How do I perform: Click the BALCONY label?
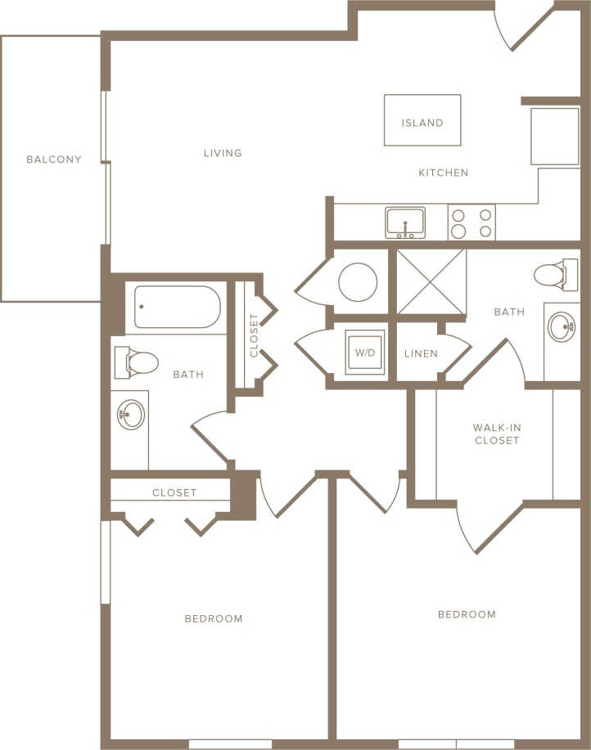click(54, 159)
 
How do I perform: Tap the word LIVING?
click(223, 153)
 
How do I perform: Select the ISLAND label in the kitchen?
click(422, 123)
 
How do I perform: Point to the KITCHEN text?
click(444, 173)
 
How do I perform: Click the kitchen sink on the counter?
click(405, 222)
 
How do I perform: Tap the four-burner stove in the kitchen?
click(471, 222)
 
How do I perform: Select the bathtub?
click(177, 307)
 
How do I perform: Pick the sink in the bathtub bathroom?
click(130, 415)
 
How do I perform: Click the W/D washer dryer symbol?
click(364, 353)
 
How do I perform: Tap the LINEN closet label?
click(422, 354)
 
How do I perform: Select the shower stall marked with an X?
click(431, 281)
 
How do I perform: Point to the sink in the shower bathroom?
click(562, 327)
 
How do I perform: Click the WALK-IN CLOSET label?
click(496, 433)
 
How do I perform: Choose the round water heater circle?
click(358, 282)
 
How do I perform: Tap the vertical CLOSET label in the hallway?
click(254, 335)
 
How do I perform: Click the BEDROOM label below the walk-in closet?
click(467, 614)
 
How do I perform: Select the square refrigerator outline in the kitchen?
click(555, 135)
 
